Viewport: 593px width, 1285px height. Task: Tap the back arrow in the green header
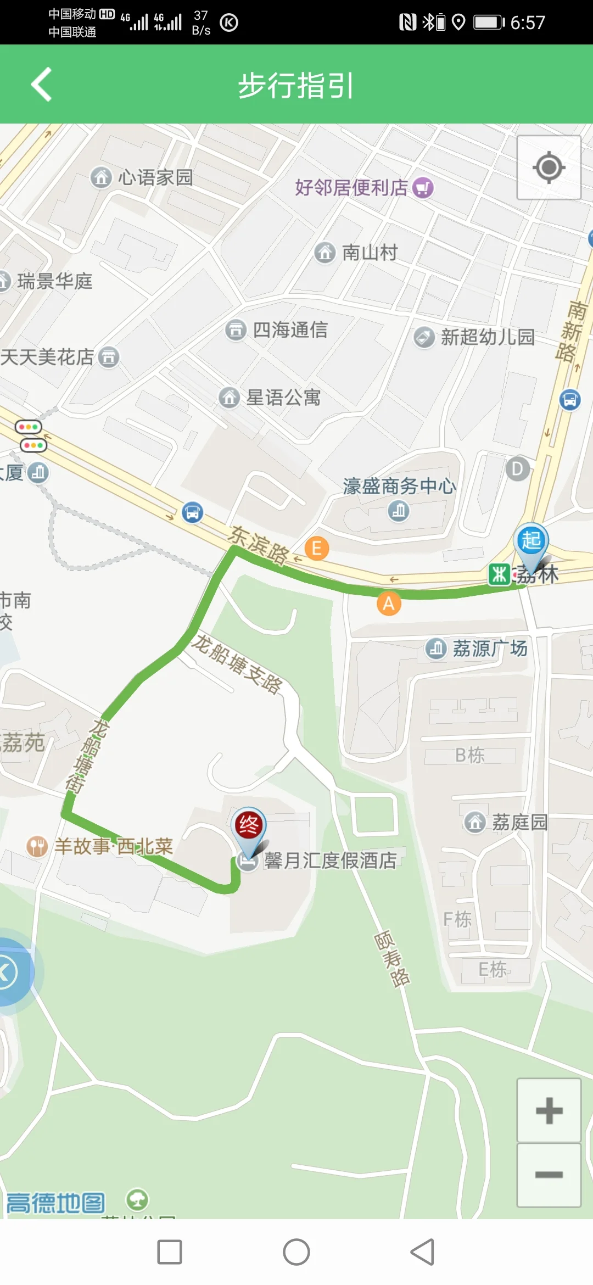pos(42,85)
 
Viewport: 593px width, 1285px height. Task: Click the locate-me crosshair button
pos(549,167)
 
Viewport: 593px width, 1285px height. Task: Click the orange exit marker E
pos(317,548)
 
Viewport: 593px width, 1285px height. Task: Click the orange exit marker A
pos(389,604)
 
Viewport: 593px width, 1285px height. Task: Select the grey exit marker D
pos(517,469)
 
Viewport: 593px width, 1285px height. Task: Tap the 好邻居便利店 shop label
pos(351,188)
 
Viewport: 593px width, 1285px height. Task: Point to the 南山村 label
pos(370,253)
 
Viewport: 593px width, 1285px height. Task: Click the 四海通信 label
pos(290,330)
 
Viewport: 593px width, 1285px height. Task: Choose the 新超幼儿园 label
pos(488,337)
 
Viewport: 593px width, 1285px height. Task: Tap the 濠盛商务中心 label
pos(399,486)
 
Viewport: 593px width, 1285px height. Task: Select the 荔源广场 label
pos(489,649)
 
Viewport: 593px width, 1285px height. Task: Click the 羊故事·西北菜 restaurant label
pos(113,846)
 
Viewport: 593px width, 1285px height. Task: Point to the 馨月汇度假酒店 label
pos(330,861)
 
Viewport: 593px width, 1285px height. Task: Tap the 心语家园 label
pos(155,177)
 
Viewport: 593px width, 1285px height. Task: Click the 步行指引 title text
pos(296,86)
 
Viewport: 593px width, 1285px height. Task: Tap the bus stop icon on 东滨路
pos(192,512)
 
